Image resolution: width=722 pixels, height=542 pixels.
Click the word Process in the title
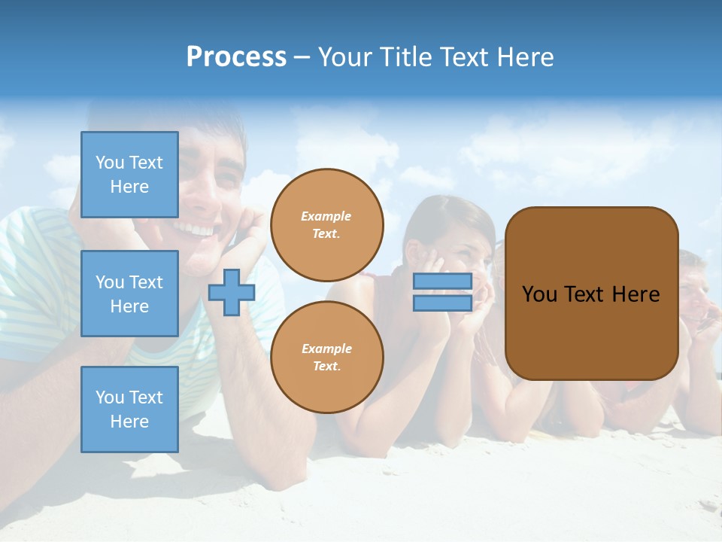coord(236,57)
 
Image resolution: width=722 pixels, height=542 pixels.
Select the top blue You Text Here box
coord(129,175)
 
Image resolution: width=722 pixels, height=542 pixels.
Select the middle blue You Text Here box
coord(129,294)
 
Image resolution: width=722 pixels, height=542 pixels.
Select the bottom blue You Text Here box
coord(129,410)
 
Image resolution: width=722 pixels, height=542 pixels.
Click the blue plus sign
coord(232,292)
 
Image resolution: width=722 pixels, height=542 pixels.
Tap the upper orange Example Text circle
coord(327,224)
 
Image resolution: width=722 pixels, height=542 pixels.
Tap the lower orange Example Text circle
coord(327,357)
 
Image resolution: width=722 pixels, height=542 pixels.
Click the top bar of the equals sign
coord(442,281)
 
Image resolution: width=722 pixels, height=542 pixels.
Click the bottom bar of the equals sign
coord(442,303)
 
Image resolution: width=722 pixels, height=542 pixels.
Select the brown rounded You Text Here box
coord(591,294)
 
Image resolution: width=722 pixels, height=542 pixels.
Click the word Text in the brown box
coord(585,294)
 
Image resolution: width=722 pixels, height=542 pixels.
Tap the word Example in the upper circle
coord(326,216)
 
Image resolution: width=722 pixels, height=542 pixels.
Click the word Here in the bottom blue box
coord(129,422)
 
